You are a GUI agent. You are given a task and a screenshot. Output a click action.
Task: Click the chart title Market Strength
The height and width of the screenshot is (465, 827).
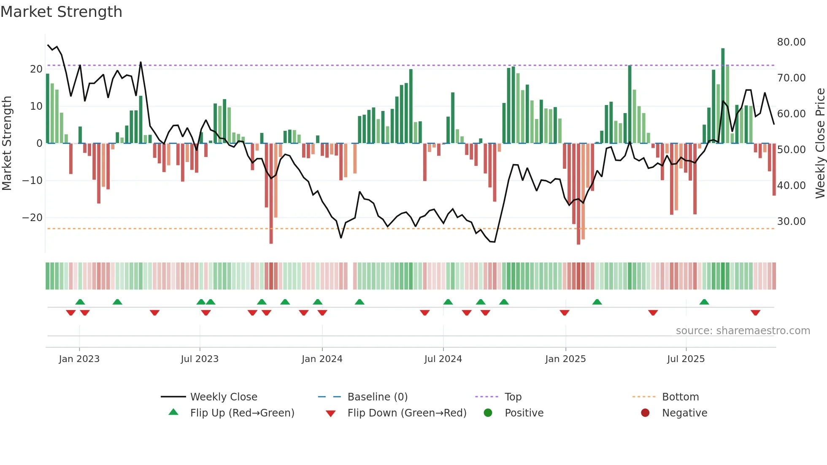[x=61, y=12]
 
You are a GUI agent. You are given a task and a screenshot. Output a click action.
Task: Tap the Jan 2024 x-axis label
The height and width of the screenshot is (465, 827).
[x=322, y=359]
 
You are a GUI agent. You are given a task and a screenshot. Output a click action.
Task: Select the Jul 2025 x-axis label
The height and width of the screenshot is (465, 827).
[x=686, y=359]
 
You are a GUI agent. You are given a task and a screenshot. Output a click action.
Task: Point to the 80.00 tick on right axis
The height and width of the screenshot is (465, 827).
[x=791, y=42]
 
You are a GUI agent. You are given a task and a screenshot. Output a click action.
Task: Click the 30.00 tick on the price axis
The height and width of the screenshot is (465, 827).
[x=791, y=222]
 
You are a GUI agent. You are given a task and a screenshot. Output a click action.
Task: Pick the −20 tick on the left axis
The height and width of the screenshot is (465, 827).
[x=32, y=218]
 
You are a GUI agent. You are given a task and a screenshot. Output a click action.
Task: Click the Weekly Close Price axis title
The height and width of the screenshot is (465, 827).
[x=820, y=143]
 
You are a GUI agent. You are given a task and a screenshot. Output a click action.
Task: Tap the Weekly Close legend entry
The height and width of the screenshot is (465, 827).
[x=223, y=397]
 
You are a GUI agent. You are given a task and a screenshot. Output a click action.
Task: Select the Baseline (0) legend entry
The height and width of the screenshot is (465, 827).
[x=377, y=397]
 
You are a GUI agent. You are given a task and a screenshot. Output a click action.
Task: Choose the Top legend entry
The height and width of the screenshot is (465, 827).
[x=513, y=397]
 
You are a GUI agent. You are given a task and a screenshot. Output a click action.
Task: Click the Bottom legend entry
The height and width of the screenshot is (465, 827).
[x=680, y=397]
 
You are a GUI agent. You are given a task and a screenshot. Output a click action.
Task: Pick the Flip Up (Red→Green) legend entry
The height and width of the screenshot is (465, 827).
[x=242, y=413]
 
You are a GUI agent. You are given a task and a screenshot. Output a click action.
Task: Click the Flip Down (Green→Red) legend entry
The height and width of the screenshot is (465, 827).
[x=407, y=413]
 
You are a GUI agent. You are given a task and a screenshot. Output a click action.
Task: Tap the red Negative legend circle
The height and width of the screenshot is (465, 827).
[x=645, y=413]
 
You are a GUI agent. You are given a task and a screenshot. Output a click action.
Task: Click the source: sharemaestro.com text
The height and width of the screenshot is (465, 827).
[x=743, y=331]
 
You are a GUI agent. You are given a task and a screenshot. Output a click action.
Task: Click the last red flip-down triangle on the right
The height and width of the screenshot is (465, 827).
[x=755, y=313]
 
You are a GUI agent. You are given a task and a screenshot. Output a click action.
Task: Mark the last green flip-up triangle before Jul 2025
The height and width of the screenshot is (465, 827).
[x=597, y=302]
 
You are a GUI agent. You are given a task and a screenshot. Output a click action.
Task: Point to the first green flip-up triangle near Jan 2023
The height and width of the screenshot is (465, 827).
[x=80, y=302]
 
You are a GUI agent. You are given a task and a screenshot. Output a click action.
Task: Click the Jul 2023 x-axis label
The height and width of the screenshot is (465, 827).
[x=200, y=359]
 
